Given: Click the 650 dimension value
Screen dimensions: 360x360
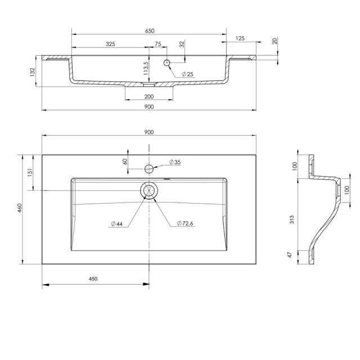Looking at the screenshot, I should pos(148,31).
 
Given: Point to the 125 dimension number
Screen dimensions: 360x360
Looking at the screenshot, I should pos(240,38).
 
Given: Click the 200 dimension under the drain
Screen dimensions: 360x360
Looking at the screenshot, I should pos(149,96).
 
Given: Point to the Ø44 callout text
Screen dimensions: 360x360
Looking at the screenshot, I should pos(117,224).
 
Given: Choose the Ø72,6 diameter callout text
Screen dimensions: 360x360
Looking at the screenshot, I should pos(185,224).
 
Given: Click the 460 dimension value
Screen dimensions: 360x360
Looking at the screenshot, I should pos(19,208).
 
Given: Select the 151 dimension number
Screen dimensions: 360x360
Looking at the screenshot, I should pos(30,173).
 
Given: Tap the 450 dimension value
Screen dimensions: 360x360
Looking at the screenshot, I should pos(93,279).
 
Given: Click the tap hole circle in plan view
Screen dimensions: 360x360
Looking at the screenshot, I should pos(149,168).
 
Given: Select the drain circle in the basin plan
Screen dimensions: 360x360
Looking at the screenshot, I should pos(149,191).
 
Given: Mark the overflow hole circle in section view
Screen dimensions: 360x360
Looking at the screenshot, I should pos(168,62).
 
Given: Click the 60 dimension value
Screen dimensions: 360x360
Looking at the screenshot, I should pos(125,161).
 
